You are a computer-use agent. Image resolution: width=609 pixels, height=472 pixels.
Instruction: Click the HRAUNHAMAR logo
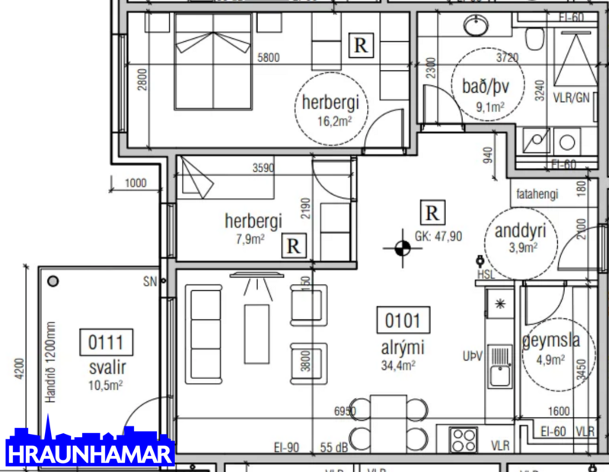click(90, 447)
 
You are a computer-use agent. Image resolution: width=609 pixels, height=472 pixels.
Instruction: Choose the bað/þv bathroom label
click(478, 88)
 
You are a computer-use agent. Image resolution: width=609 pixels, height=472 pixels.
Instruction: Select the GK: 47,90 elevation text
click(438, 236)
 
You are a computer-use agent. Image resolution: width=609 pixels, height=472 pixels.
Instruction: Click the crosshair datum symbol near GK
click(402, 246)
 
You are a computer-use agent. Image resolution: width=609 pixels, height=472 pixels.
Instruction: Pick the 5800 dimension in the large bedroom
click(267, 56)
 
